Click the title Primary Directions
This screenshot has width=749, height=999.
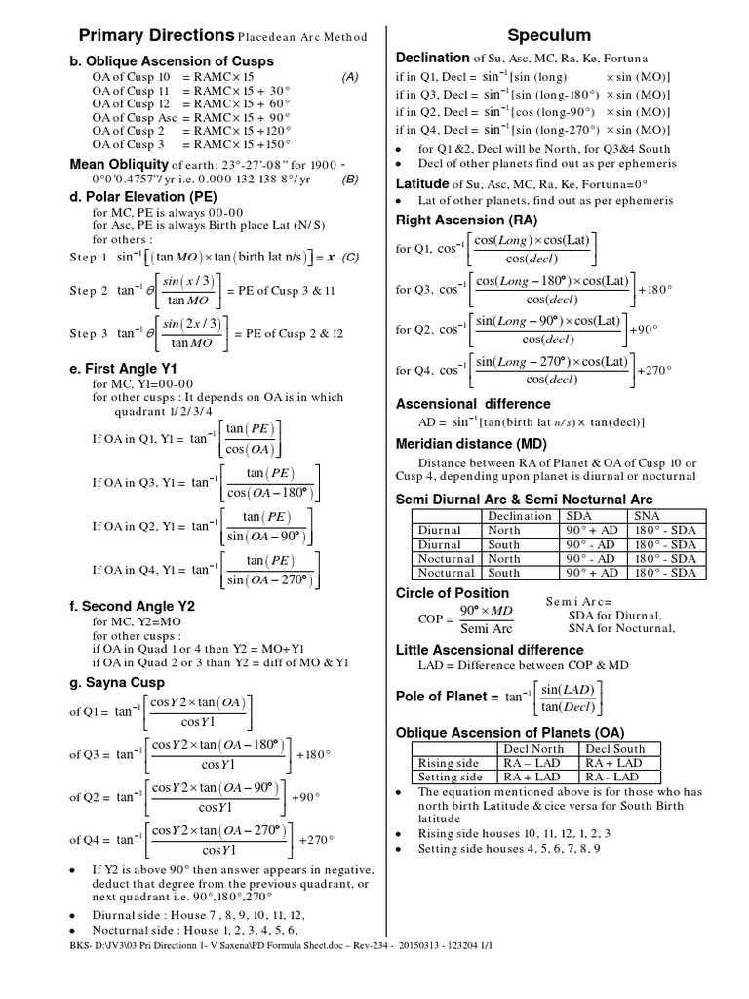[x=156, y=35]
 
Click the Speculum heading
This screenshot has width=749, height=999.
[x=561, y=35]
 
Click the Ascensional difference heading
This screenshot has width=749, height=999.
[x=473, y=404]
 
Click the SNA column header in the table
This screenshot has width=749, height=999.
[x=647, y=515]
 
